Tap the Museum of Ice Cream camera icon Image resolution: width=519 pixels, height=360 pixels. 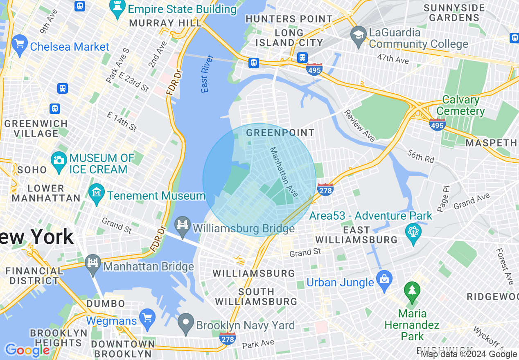pyautogui.click(x=59, y=160)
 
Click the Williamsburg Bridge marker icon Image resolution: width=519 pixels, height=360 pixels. pyautogui.click(x=183, y=224)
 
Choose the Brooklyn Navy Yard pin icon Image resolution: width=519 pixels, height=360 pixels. pyautogui.click(x=186, y=322)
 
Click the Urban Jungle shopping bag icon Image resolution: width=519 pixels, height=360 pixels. pyautogui.click(x=384, y=279)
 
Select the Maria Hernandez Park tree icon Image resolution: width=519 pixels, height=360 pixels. pyautogui.click(x=412, y=290)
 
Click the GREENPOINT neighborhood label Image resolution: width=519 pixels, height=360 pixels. pyautogui.click(x=280, y=133)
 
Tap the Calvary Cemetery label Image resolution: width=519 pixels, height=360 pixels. pyautogui.click(x=460, y=106)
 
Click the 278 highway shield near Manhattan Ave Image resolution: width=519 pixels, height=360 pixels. pyautogui.click(x=325, y=189)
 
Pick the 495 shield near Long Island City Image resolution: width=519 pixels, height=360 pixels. pyautogui.click(x=314, y=70)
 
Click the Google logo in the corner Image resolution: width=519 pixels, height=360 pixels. pyautogui.click(x=27, y=350)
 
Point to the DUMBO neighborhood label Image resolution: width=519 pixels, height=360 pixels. pyautogui.click(x=106, y=304)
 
